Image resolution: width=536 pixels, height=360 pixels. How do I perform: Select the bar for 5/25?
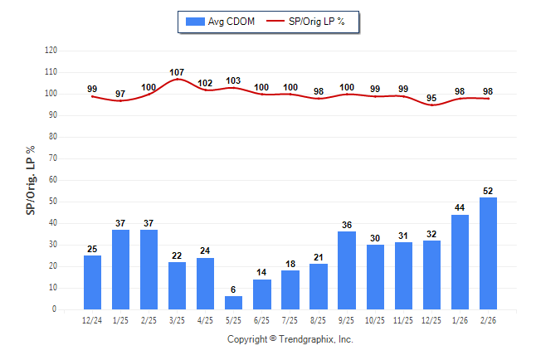pyautogui.click(x=234, y=303)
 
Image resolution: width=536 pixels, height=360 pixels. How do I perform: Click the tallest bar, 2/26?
pyautogui.click(x=488, y=253)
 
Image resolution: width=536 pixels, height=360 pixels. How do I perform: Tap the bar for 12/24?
pyautogui.click(x=93, y=282)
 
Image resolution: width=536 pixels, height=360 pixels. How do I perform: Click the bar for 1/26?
pyautogui.click(x=460, y=262)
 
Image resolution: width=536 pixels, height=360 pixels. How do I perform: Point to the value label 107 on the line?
pyautogui.click(x=177, y=72)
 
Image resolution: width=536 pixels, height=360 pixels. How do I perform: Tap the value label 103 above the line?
pyautogui.click(x=233, y=80)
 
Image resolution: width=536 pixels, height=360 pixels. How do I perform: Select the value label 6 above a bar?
pyautogui.click(x=234, y=289)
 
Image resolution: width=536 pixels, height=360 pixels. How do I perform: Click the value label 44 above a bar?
pyautogui.click(x=460, y=207)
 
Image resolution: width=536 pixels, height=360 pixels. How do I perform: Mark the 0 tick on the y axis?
pyautogui.click(x=55, y=309)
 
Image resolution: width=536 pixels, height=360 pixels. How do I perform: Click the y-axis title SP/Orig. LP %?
pyautogui.click(x=31, y=180)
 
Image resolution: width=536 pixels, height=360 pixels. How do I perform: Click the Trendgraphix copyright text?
pyautogui.click(x=290, y=339)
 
